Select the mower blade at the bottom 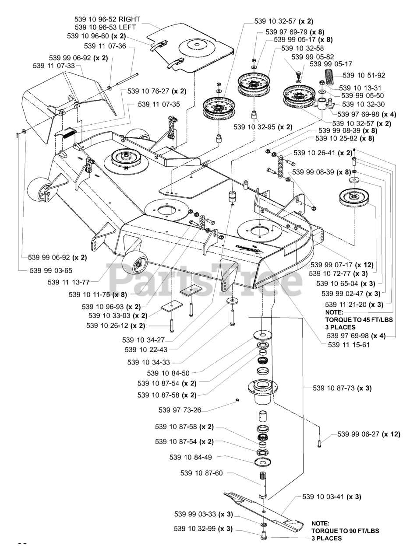[x=263, y=510]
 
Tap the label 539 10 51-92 [x=364, y=75]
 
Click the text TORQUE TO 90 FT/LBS [x=345, y=531]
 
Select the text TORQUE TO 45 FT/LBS [x=359, y=320]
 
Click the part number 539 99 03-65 [x=51, y=270]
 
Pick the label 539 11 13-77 [x=69, y=282]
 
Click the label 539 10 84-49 [x=191, y=457]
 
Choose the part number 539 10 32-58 [x=302, y=48]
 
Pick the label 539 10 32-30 [x=363, y=104]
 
